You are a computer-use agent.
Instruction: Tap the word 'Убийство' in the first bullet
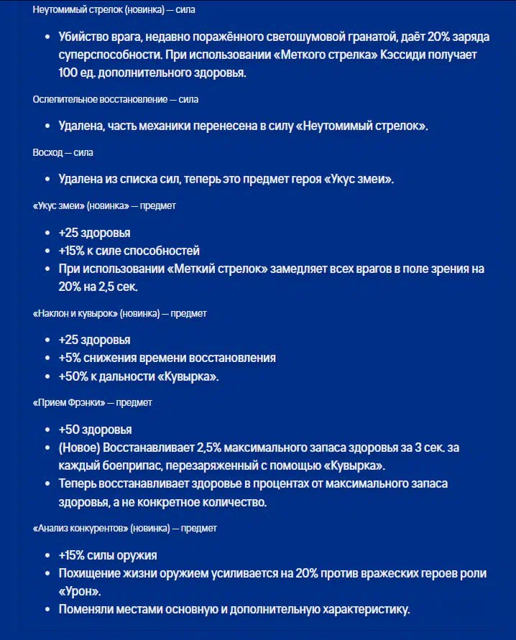pos(82,37)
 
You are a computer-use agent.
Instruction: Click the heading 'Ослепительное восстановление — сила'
pos(115,99)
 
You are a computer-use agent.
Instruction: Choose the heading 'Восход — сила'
pos(63,152)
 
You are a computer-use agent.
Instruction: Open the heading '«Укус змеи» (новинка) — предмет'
pos(104,205)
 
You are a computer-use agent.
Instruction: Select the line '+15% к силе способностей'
pos(129,251)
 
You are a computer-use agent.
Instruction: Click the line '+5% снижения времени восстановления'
pos(167,358)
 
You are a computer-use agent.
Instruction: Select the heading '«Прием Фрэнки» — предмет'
pos(92,402)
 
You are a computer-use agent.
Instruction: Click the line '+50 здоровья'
pos(95,430)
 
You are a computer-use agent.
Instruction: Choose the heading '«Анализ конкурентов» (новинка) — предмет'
pos(124,528)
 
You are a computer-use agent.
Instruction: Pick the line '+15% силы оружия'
pos(108,555)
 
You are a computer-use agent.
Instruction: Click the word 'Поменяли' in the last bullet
pos(85,609)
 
